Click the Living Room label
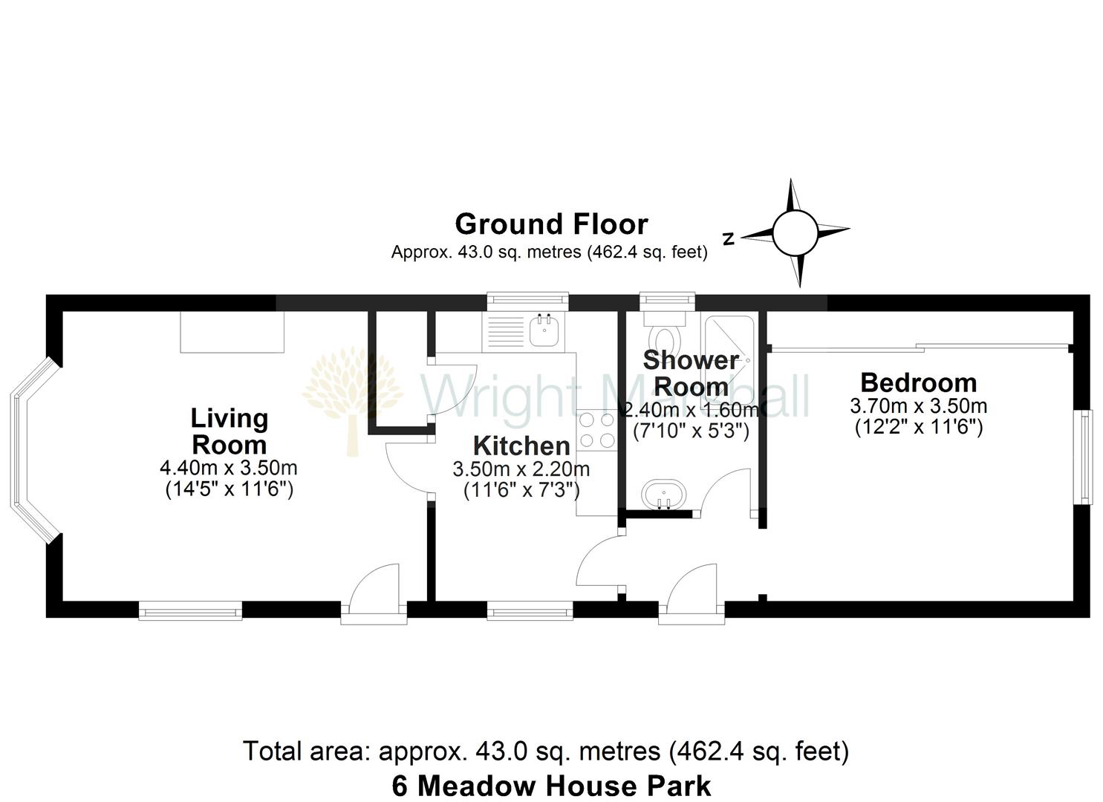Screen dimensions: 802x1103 click(x=229, y=431)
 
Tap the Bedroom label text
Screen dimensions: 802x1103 click(x=918, y=383)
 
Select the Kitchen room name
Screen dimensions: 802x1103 click(x=521, y=446)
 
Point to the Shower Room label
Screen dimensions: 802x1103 click(x=691, y=374)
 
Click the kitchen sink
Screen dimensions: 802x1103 click(x=544, y=330)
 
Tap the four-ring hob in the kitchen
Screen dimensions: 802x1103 click(x=597, y=430)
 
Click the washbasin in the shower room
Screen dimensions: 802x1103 click(x=660, y=495)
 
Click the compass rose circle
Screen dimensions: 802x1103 click(x=794, y=232)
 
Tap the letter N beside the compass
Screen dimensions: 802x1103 click(x=729, y=239)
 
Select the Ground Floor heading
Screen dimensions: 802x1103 click(x=551, y=224)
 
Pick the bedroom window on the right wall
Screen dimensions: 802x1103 click(x=1086, y=457)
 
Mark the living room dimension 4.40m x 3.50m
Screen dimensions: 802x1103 click(x=229, y=469)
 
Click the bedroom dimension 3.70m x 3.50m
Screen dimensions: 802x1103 click(x=918, y=406)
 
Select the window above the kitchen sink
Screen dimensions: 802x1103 click(x=527, y=300)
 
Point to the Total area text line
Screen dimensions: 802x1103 click(x=546, y=752)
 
